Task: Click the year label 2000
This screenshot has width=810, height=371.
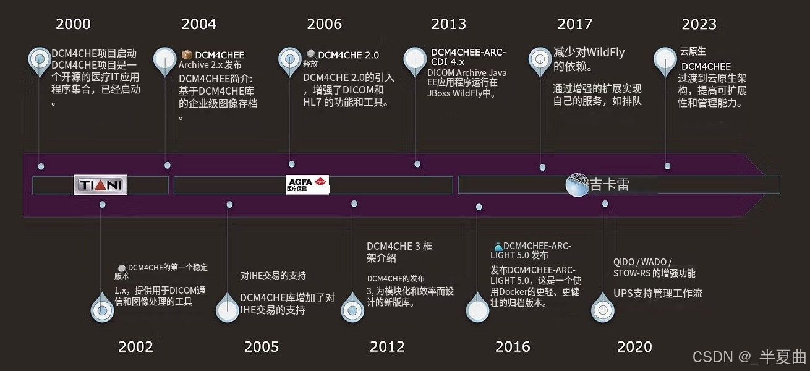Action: [73, 24]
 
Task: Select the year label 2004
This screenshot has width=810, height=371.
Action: [198, 24]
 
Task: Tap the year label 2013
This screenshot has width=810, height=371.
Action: [448, 24]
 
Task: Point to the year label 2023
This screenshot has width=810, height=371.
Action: [699, 24]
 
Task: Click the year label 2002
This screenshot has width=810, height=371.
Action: [135, 346]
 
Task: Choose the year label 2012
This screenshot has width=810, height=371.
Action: [387, 346]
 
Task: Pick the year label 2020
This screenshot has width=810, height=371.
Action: [634, 346]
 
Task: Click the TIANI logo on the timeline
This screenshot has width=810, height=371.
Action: [100, 185]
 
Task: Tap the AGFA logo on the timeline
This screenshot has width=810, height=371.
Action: [307, 184]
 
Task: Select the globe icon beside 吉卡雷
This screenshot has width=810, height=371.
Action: [577, 185]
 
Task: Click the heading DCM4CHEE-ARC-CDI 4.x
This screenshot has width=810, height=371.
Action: [467, 57]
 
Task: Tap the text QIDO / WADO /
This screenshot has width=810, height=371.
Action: [642, 262]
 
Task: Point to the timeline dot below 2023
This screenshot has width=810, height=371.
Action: [667, 166]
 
